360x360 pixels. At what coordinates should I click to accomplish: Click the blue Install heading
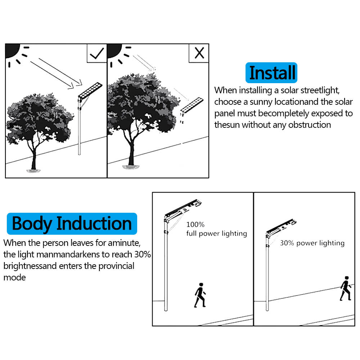[x=272, y=73]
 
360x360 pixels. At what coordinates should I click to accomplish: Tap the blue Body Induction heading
[x=72, y=224]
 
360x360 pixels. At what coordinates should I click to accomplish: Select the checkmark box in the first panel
[x=97, y=53]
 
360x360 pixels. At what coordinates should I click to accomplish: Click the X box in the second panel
[x=199, y=53]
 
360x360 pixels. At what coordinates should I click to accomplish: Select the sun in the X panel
[x=115, y=49]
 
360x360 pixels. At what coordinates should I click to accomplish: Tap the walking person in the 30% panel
[x=345, y=288]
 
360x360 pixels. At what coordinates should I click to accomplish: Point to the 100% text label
[x=195, y=225]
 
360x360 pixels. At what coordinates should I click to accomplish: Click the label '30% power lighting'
[x=312, y=243]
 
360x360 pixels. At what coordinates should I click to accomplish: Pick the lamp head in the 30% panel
[x=281, y=227]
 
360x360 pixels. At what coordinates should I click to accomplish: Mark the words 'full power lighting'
[x=216, y=234]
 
